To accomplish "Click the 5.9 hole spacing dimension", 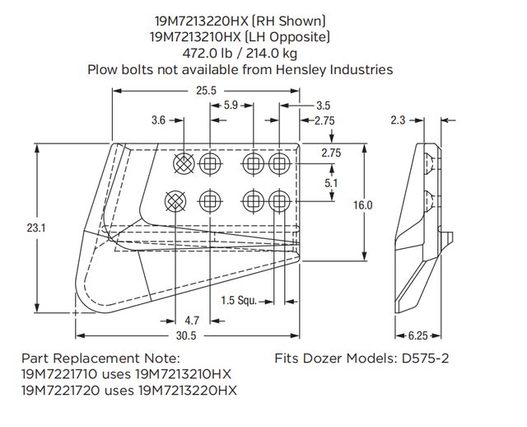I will tap(232, 106).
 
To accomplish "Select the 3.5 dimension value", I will tap(323, 106).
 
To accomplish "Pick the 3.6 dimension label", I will tap(159, 120).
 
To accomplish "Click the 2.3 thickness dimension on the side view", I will tap(399, 120).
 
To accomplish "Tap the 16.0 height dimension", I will tap(363, 205).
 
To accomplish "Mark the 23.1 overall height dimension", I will tap(35, 228).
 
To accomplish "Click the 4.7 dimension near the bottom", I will tap(192, 319).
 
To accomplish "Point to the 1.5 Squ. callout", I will tap(238, 301).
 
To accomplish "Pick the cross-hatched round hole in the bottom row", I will tap(175, 200).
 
